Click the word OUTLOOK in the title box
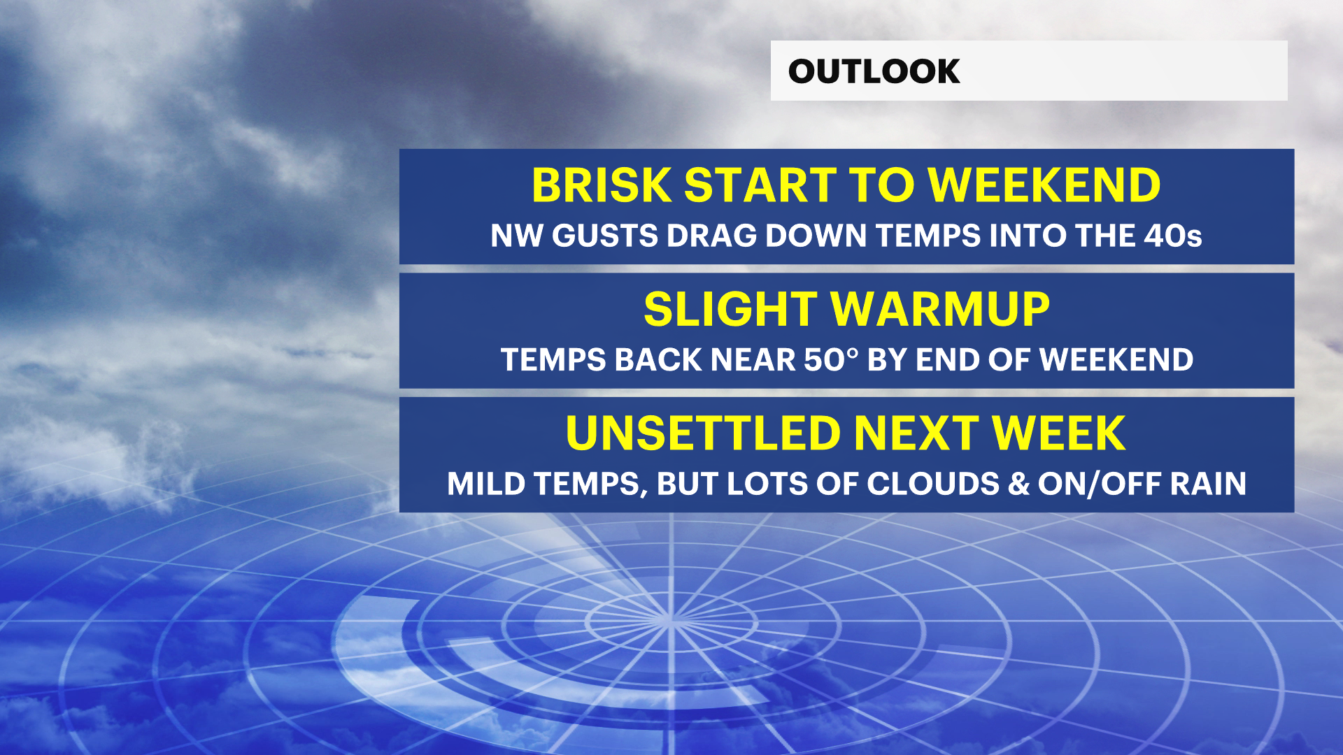(874, 71)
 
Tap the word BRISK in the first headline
(602, 185)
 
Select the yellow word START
(760, 185)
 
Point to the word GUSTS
(605, 236)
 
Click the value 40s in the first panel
(1173, 236)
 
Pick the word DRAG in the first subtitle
(712, 236)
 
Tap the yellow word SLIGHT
(730, 310)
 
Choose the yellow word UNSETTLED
(703, 433)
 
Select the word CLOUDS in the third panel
(933, 484)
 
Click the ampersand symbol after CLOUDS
(1018, 484)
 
